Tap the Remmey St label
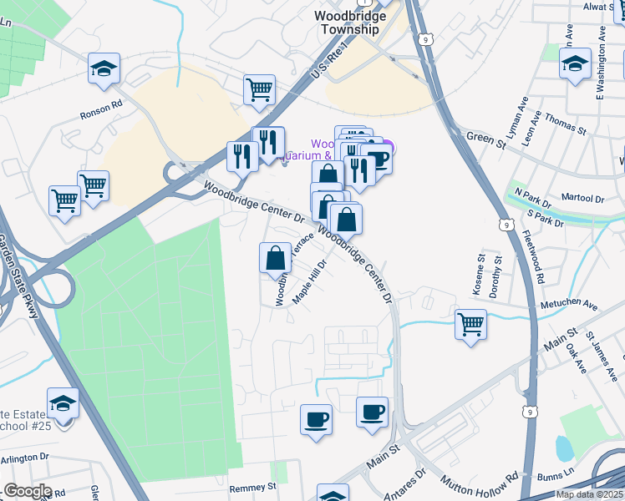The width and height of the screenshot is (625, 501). click(252, 486)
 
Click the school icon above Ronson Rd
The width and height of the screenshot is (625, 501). click(104, 68)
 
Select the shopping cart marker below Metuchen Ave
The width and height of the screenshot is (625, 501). click(470, 323)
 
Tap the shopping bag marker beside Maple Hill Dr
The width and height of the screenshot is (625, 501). click(275, 259)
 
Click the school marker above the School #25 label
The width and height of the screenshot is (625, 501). click(63, 404)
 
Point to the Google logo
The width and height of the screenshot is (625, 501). click(28, 491)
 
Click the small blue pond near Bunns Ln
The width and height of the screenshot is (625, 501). click(564, 449)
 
